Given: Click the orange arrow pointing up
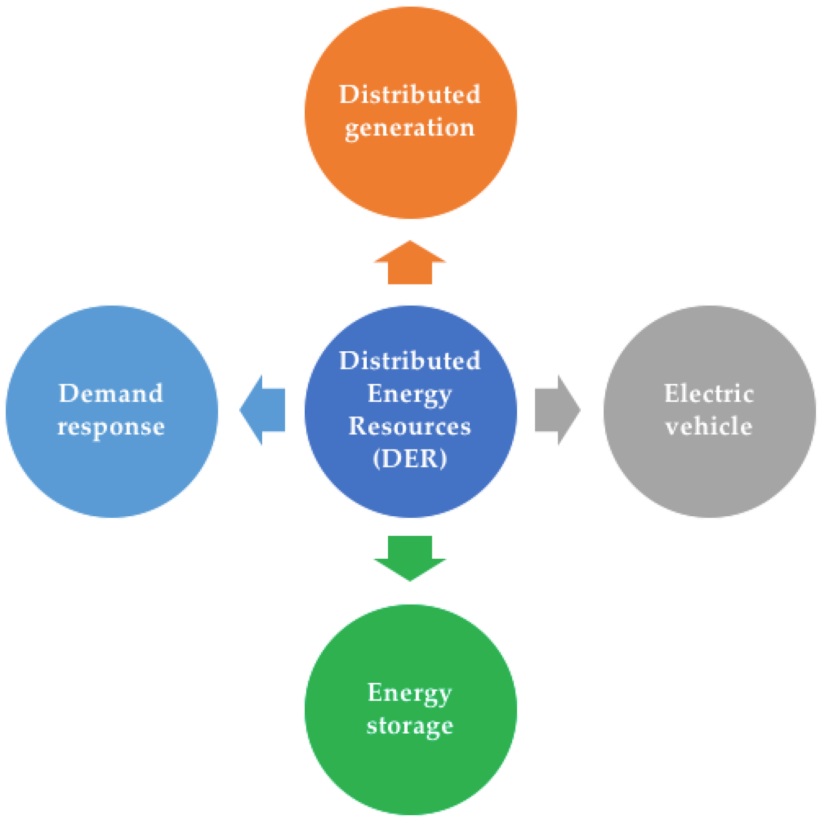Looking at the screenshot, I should pos(410,264).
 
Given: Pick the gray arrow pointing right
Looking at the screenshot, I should pos(557,410).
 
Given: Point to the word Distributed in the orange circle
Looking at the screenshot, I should pos(410,95).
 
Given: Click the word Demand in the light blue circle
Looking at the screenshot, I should pos(111,394).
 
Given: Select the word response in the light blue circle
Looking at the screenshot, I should pos(111,427).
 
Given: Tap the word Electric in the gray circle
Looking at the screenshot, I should pos(709,394).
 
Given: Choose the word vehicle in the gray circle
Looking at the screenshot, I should pos(709,426).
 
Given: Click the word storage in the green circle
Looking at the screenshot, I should pos(410,726).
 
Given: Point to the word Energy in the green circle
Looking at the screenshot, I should pos(410,693).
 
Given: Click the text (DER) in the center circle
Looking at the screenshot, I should pos(410,458).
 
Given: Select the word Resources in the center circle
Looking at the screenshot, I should pos(410,426).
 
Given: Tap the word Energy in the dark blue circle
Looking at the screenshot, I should pos(410,394).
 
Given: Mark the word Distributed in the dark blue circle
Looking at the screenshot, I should pos(410,361).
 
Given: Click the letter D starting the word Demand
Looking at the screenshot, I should pos(68,394).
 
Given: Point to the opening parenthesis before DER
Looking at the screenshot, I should pos(377,459).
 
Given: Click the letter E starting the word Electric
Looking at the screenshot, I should pos(671,394).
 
